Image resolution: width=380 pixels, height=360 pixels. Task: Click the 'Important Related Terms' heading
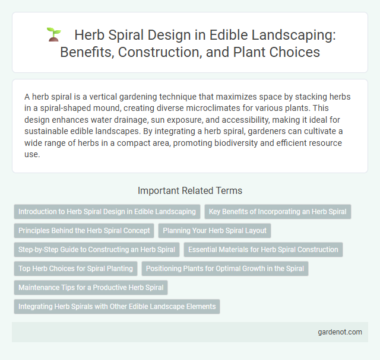pyautogui.click(x=190, y=190)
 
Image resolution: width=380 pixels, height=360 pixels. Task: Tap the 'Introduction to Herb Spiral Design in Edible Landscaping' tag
pyautogui.click(x=107, y=212)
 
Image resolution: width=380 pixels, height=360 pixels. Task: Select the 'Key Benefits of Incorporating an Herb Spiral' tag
pyautogui.click(x=278, y=212)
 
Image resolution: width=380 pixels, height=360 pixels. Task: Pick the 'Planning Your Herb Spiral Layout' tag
pyautogui.click(x=216, y=231)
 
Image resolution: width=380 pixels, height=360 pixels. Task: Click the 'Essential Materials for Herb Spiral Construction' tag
pyautogui.click(x=263, y=250)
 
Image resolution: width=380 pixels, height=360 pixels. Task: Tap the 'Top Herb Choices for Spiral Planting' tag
pyautogui.click(x=75, y=269)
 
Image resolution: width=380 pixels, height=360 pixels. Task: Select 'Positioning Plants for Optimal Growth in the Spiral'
pyautogui.click(x=225, y=269)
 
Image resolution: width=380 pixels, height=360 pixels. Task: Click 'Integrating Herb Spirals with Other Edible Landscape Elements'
pyautogui.click(x=116, y=307)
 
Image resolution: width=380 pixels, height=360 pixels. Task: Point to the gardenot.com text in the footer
pyautogui.click(x=339, y=332)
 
